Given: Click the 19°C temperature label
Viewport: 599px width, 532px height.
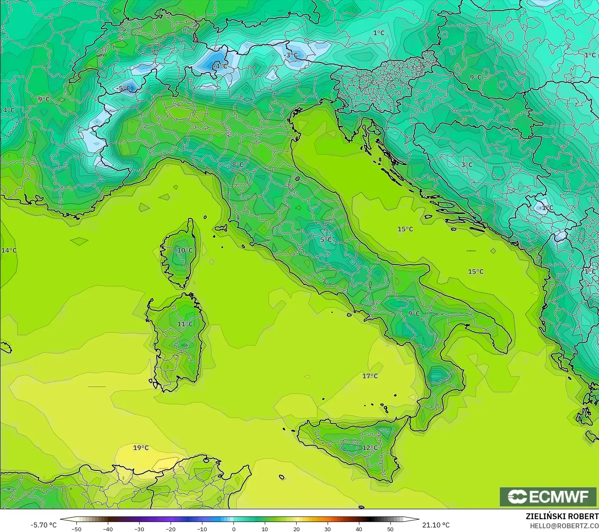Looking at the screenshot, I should [141, 448].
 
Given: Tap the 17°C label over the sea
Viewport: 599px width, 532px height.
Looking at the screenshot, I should [370, 376].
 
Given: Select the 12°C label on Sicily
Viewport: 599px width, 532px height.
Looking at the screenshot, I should [370, 448].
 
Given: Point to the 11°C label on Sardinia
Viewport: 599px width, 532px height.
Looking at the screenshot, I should [185, 324].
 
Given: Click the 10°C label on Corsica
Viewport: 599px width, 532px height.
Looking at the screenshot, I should [185, 250].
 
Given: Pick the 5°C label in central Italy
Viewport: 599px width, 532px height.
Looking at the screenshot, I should [326, 239].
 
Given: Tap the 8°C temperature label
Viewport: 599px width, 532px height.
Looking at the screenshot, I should [238, 165].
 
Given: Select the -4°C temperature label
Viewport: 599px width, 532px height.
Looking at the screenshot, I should [220, 66].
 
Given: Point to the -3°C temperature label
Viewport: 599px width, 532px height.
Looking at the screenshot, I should [290, 55].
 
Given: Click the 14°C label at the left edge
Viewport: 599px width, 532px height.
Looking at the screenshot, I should [9, 250].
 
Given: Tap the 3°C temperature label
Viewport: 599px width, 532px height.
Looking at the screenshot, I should [467, 165].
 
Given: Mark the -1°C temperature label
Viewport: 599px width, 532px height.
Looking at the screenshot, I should [546, 208].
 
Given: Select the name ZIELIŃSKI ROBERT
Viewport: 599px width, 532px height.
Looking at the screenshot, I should [562, 517].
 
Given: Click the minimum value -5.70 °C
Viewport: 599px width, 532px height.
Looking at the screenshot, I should [43, 525].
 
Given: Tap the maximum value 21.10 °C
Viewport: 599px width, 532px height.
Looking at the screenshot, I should [436, 525].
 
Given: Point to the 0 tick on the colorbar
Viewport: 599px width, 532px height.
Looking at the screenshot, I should [233, 529].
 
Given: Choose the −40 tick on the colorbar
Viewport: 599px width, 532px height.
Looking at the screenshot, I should [108, 529].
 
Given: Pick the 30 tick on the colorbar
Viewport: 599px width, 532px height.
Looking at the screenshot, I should [328, 529].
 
